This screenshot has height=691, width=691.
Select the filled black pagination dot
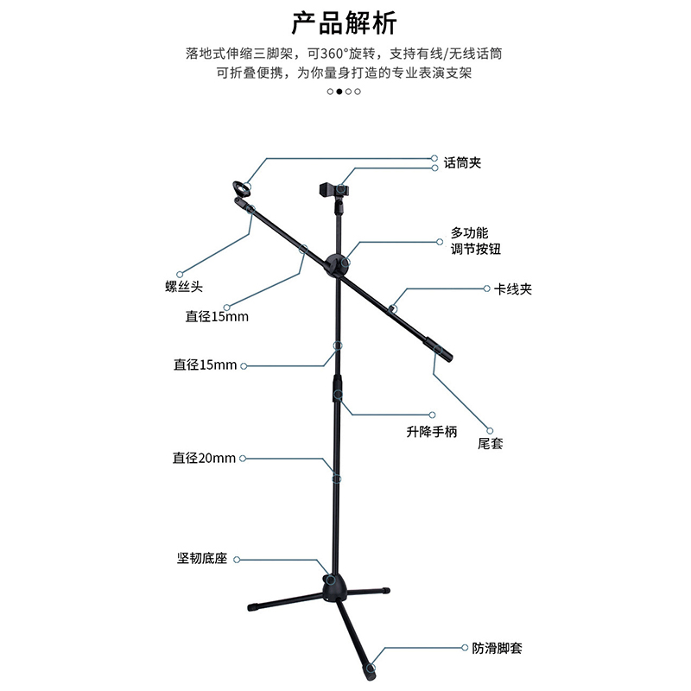339,91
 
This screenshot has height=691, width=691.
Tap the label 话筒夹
462,162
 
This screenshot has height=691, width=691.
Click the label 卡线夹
513,289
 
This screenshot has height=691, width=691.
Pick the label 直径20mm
204,458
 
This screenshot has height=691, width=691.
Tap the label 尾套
490,444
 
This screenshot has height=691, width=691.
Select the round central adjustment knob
338,264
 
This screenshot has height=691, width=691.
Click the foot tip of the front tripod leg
371,668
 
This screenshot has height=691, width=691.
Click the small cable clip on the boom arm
393,307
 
